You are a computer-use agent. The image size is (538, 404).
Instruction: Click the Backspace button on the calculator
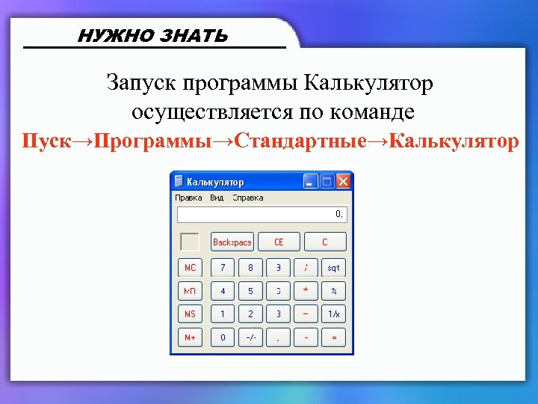[232, 242]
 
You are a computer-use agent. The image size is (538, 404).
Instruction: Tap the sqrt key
[333, 267]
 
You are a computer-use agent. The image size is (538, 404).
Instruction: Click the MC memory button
[190, 267]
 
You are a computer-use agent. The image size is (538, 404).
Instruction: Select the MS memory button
[190, 313]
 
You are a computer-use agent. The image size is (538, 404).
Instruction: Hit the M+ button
[190, 337]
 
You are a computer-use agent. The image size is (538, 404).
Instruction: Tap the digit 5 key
[250, 290]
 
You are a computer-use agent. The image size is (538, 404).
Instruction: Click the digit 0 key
[222, 337]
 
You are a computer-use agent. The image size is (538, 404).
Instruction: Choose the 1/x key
[333, 313]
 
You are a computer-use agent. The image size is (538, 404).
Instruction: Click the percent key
[333, 290]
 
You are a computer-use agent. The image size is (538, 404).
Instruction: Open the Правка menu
[188, 198]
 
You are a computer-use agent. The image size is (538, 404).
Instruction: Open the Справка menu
[248, 198]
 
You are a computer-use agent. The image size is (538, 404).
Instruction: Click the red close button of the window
[343, 182]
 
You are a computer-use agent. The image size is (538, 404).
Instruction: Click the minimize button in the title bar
[310, 182]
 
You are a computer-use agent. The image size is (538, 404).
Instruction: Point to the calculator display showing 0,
[262, 215]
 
